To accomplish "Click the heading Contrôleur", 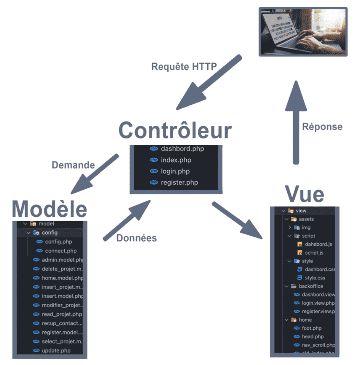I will (x=175, y=130).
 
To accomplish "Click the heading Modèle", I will (x=50, y=209).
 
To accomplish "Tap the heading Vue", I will (x=304, y=194).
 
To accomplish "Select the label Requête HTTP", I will (x=184, y=67).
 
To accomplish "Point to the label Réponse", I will (x=322, y=127).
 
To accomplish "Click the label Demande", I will (x=73, y=165).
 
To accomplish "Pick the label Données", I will (x=137, y=238).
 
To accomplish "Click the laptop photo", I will (x=303, y=32).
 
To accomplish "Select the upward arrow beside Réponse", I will (x=296, y=124).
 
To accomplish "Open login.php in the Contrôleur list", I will (x=175, y=171).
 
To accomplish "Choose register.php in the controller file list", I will (x=179, y=182).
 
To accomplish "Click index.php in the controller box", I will (x=176, y=160).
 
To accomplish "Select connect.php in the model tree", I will (x=61, y=251).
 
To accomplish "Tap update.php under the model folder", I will (x=56, y=351).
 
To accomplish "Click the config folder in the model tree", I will (x=50, y=233).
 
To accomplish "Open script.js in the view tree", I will (x=314, y=253).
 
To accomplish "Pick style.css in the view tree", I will (x=315, y=278).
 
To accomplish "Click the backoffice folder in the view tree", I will (x=310, y=286).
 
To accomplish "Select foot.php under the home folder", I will (x=311, y=328).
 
